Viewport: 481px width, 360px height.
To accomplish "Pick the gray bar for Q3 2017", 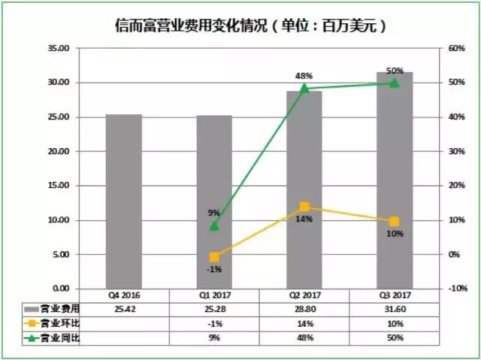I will pyautogui.click(x=394, y=180).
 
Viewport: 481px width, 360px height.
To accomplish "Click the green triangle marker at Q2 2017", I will pyautogui.click(x=304, y=89).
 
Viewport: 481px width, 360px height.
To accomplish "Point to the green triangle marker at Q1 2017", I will pyautogui.click(x=214, y=225).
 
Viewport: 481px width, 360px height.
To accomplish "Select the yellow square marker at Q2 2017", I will pyautogui.click(x=304, y=207).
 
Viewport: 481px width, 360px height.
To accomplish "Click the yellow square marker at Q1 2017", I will pyautogui.click(x=214, y=257).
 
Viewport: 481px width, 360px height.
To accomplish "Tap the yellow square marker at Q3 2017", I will pyautogui.click(x=394, y=221).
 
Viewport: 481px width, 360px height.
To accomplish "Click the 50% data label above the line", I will pyautogui.click(x=394, y=71).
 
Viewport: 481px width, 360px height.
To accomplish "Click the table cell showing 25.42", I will pyautogui.click(x=124, y=309).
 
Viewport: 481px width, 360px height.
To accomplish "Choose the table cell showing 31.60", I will pyautogui.click(x=394, y=309).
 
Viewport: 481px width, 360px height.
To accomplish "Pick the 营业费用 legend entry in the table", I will pyautogui.click(x=51, y=309).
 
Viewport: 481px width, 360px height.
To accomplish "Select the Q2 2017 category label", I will pyautogui.click(x=304, y=295).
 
